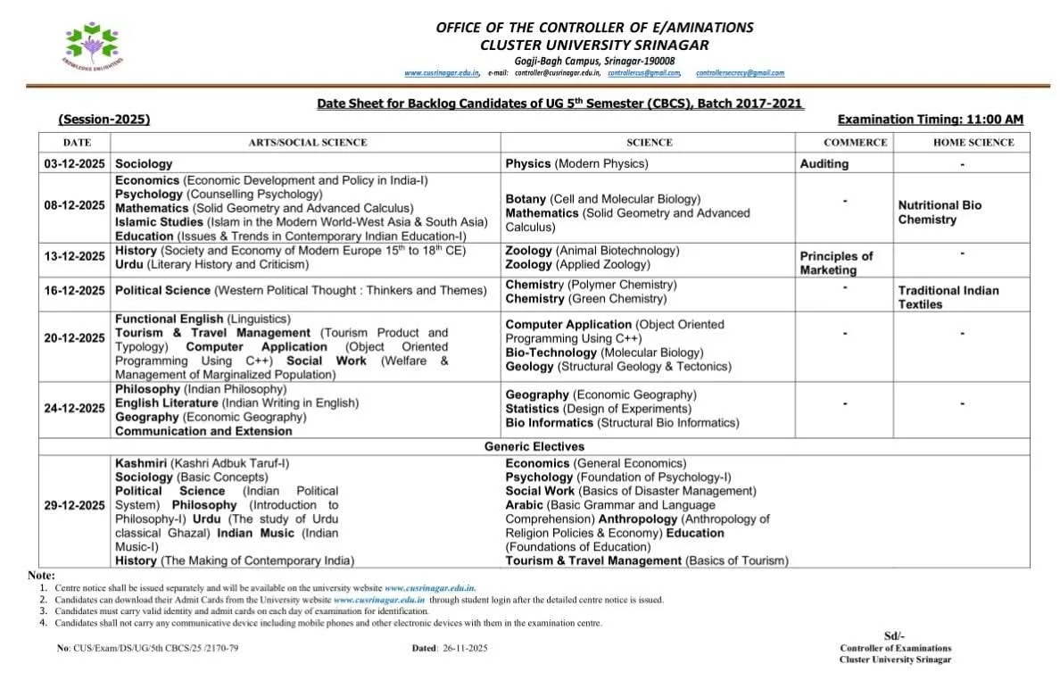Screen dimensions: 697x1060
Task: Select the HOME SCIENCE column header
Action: pyautogui.click(x=973, y=143)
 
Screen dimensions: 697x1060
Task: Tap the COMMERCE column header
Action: pyautogui.click(x=855, y=143)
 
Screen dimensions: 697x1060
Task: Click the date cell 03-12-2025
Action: pyautogui.click(x=74, y=164)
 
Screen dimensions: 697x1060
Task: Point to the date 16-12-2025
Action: pyautogui.click(x=74, y=291)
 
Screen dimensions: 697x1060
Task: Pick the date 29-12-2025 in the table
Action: pyautogui.click(x=74, y=505)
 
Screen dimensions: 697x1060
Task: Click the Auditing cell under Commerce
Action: pyautogui.click(x=824, y=164)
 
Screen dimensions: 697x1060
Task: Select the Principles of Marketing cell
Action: pyautogui.click(x=836, y=263)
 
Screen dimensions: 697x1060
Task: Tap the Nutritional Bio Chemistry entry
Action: pyautogui.click(x=940, y=212)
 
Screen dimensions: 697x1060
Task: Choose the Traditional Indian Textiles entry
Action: pyautogui.click(x=948, y=297)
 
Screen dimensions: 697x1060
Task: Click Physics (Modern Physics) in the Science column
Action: pyautogui.click(x=576, y=164)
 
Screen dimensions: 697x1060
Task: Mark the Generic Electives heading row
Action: pyautogui.click(x=534, y=446)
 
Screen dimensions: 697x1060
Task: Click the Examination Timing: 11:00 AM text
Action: pyautogui.click(x=931, y=120)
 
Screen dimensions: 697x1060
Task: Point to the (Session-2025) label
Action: pyautogui.click(x=104, y=120)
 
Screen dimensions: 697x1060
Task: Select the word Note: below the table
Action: pyautogui.click(x=41, y=576)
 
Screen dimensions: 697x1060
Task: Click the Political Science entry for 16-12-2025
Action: pyautogui.click(x=301, y=291)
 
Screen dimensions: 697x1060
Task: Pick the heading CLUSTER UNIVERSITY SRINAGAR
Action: pyautogui.click(x=594, y=45)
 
